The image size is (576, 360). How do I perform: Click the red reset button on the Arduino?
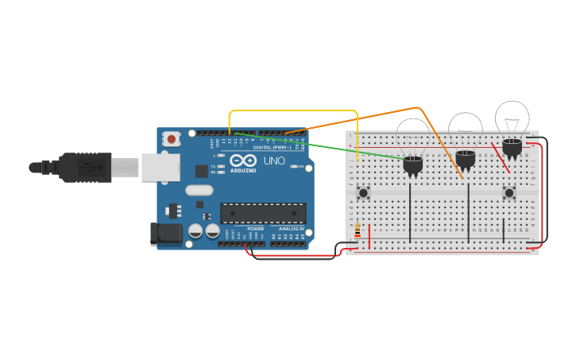click(x=171, y=139)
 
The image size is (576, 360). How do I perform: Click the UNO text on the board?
click(x=273, y=161)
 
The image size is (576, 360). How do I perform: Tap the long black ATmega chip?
click(x=263, y=213)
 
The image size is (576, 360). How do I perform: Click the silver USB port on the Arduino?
click(x=160, y=168)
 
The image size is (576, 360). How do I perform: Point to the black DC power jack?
click(x=165, y=233)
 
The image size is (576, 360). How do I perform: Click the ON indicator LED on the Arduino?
click(x=294, y=166)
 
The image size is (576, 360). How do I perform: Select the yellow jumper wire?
click(x=294, y=110)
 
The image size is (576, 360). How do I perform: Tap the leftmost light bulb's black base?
click(x=413, y=165)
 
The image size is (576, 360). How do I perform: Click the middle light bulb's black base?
click(x=466, y=158)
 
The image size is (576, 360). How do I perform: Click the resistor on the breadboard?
click(x=358, y=231)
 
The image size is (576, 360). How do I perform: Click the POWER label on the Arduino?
click(x=255, y=229)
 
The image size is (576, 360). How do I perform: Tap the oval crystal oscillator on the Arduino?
click(x=199, y=190)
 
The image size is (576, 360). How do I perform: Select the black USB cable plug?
click(x=83, y=168)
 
